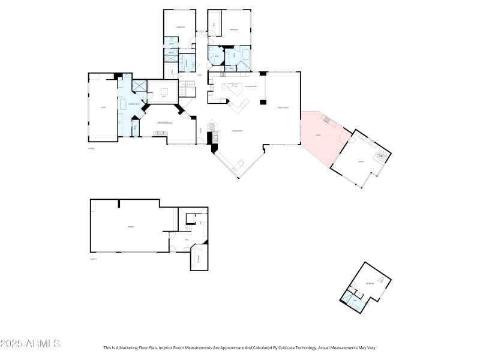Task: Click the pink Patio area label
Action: click(x=318, y=135)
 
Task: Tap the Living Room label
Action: click(x=236, y=131)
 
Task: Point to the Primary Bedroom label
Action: click(x=165, y=123)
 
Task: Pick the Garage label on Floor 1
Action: click(x=130, y=227)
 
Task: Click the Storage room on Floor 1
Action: click(x=199, y=259)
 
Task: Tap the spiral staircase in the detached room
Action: click(x=379, y=157)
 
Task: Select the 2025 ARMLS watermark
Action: click(x=30, y=344)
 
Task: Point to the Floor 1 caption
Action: click(x=93, y=259)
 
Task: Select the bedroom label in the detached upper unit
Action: click(x=371, y=284)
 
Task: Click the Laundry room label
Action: click(x=187, y=63)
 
